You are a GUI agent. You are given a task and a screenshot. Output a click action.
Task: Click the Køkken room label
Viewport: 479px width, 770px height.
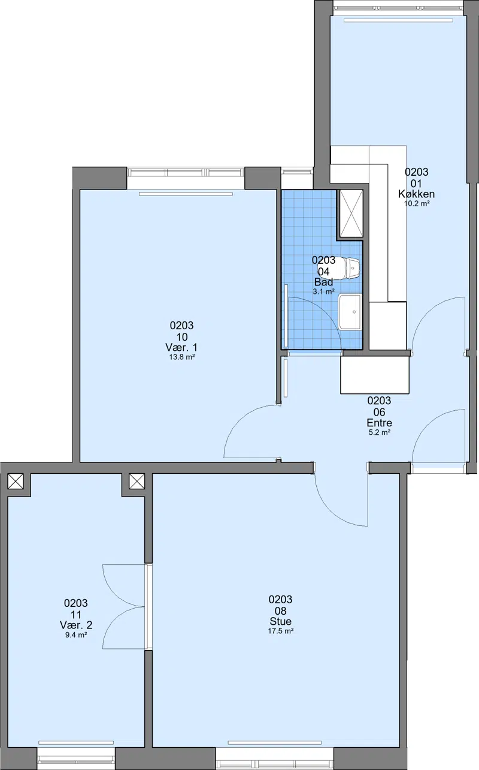(x=416, y=194)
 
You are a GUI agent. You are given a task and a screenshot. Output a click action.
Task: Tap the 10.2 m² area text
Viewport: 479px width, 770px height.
(x=417, y=203)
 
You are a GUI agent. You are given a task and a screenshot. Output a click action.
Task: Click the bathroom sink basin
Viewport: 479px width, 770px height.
(x=350, y=312)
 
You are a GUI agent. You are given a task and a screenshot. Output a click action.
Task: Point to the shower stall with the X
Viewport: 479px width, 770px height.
(x=351, y=213)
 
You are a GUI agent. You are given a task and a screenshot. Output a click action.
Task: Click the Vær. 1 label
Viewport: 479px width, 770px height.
(x=181, y=347)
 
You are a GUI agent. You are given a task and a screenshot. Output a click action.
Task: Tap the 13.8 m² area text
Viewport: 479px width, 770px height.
(x=182, y=357)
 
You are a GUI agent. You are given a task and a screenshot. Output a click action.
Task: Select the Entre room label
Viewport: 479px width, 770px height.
(x=379, y=423)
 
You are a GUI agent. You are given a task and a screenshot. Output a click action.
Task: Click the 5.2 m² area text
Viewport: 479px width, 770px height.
(x=380, y=432)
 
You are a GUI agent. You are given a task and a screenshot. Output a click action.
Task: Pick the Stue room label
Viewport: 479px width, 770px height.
(x=280, y=621)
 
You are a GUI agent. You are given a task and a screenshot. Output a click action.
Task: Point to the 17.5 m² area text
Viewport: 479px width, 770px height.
(x=281, y=631)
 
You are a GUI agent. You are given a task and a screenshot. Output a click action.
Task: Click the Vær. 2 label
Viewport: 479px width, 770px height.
(x=76, y=625)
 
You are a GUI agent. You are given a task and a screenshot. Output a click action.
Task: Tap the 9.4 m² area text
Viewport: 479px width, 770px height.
(x=76, y=635)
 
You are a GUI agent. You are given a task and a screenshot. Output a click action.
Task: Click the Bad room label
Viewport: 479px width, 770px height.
(x=323, y=282)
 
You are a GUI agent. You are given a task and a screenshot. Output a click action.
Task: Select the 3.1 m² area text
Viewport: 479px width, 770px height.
(x=323, y=292)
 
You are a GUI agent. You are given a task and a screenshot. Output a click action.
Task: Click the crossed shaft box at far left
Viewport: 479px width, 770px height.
(x=16, y=481)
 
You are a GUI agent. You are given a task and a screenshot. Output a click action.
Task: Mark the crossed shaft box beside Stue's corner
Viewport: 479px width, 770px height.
(x=137, y=481)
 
